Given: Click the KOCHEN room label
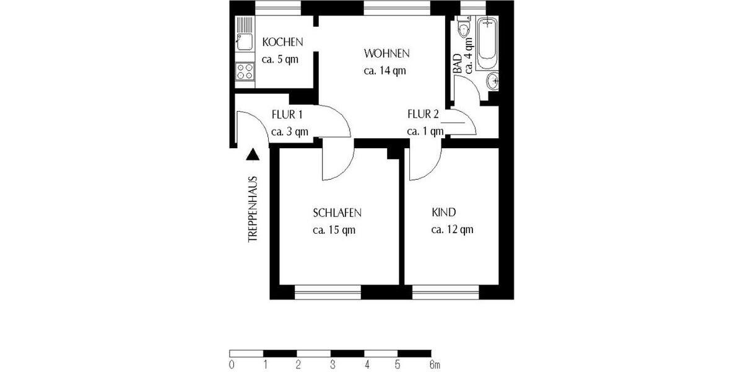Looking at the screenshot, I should pyautogui.click(x=282, y=43).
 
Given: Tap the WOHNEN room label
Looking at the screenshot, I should pyautogui.click(x=386, y=53).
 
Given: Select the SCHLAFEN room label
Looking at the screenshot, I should pyautogui.click(x=337, y=213).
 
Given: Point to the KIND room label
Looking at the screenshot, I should pyautogui.click(x=443, y=213).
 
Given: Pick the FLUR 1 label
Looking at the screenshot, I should pyautogui.click(x=287, y=114).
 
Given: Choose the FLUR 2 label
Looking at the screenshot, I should pyautogui.click(x=423, y=114).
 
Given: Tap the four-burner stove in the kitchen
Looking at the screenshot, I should pyautogui.click(x=244, y=71).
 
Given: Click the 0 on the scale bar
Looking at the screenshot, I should pyautogui.click(x=231, y=364).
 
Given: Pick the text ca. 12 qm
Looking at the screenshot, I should pyautogui.click(x=452, y=230).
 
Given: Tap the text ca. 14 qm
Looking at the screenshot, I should pyautogui.click(x=385, y=70).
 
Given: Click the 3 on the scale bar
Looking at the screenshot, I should pyautogui.click(x=332, y=364).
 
